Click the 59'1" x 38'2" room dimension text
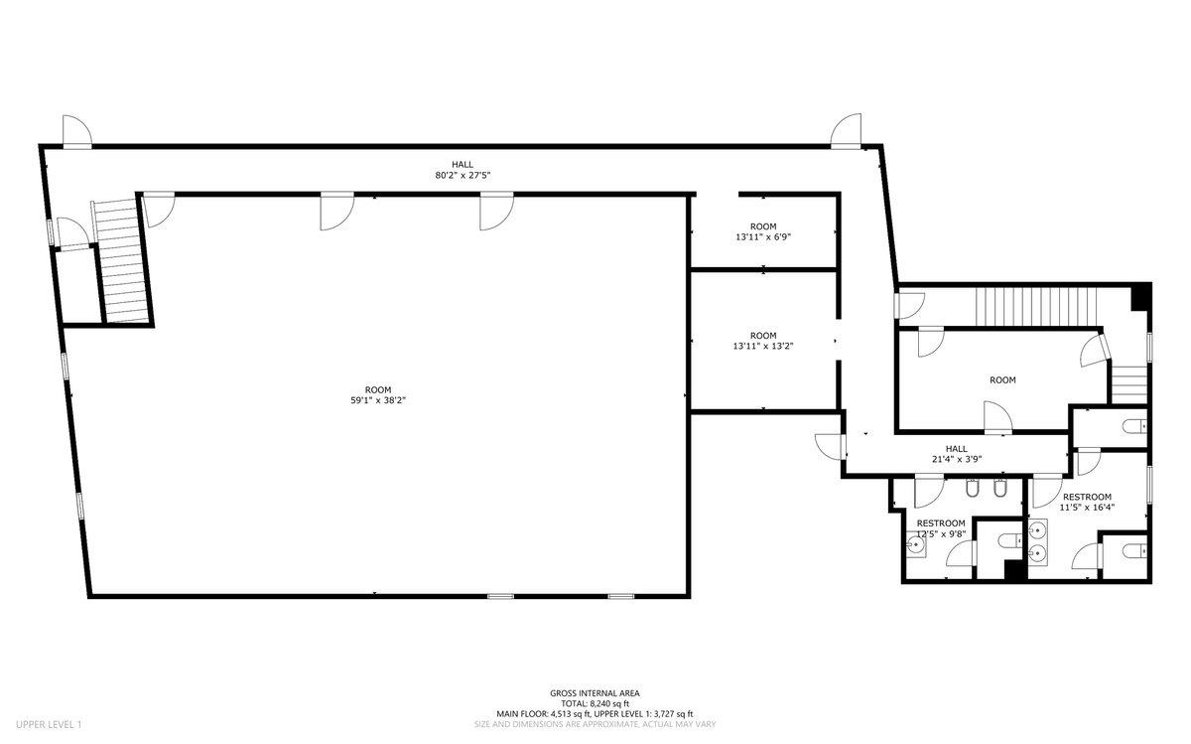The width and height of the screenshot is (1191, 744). click(378, 400)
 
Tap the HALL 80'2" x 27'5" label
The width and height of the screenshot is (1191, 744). click(463, 170)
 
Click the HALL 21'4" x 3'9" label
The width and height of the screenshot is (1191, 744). click(957, 454)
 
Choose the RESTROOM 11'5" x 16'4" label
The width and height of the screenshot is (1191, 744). click(1087, 502)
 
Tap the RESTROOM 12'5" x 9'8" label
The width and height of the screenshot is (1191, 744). click(941, 528)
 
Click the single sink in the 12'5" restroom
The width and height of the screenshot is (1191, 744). click(915, 545)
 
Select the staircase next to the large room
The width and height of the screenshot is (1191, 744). click(120, 262)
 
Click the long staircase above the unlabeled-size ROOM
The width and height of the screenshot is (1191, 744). click(1036, 307)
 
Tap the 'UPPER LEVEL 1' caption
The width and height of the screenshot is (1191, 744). click(49, 724)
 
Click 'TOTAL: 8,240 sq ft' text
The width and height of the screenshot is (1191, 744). click(595, 703)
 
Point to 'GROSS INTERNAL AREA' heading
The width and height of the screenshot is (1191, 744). click(595, 693)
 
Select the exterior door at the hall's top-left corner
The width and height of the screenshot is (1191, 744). click(77, 131)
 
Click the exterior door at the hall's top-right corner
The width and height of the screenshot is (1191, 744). click(846, 130)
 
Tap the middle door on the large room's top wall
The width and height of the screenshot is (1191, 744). click(336, 212)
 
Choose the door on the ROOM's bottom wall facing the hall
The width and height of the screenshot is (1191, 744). click(997, 418)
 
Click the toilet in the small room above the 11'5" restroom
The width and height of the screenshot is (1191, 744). click(1134, 426)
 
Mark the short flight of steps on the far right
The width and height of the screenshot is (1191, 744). click(1128, 384)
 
